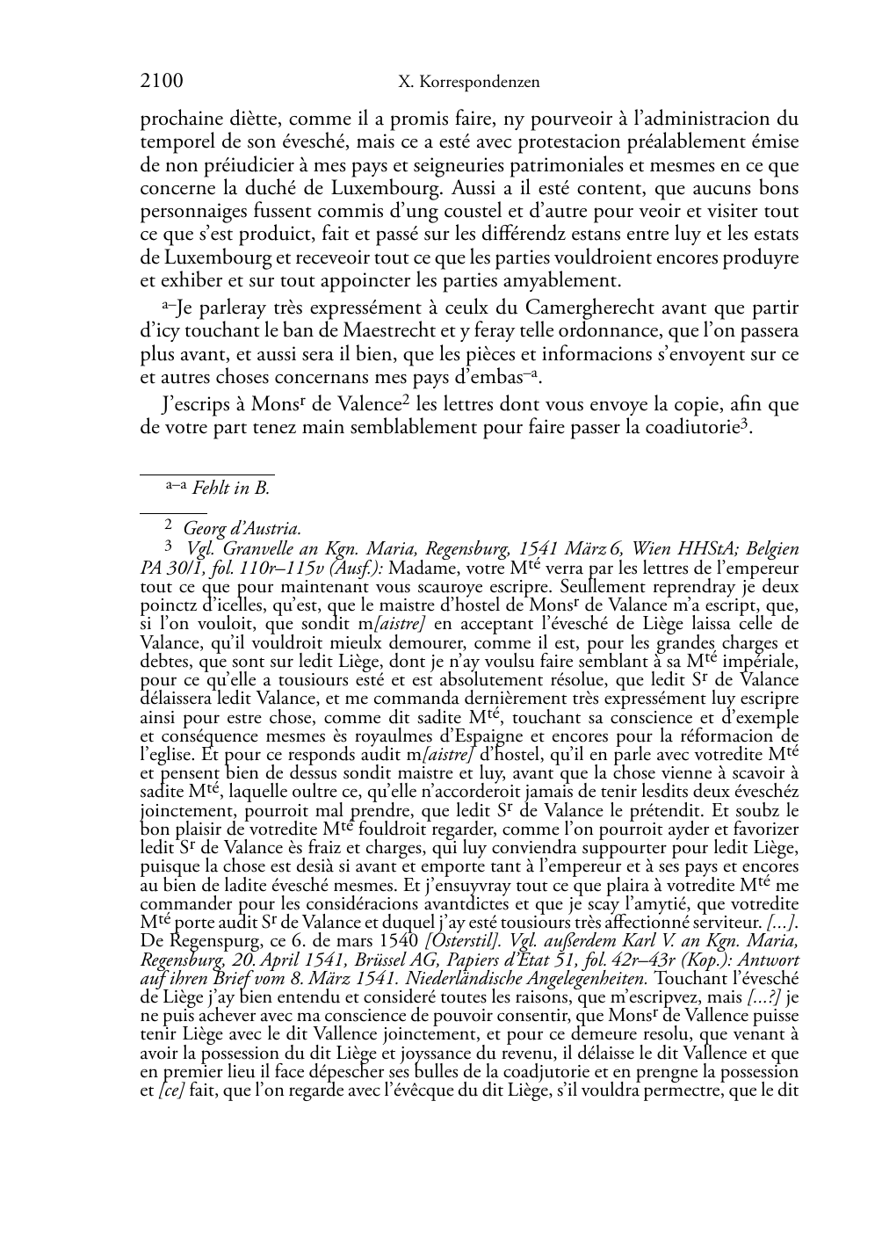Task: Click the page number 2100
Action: point(162,82)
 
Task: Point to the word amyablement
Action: point(569,281)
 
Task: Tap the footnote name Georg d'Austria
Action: point(242,529)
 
